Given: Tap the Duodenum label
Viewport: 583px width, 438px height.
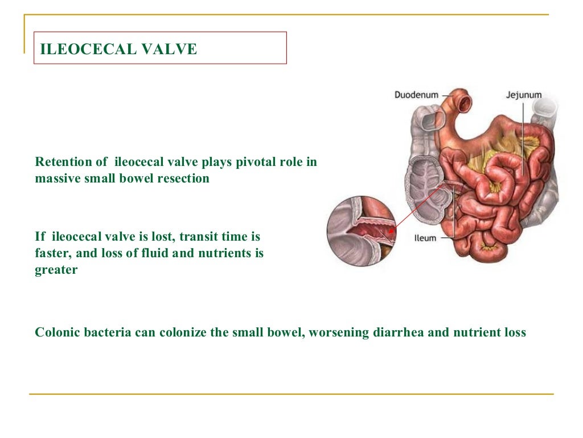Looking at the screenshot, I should click(x=417, y=95).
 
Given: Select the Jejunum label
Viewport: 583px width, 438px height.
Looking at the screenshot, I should click(x=523, y=95).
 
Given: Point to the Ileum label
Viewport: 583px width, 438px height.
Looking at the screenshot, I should click(x=425, y=237).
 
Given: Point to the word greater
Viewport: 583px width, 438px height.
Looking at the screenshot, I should click(x=56, y=270).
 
